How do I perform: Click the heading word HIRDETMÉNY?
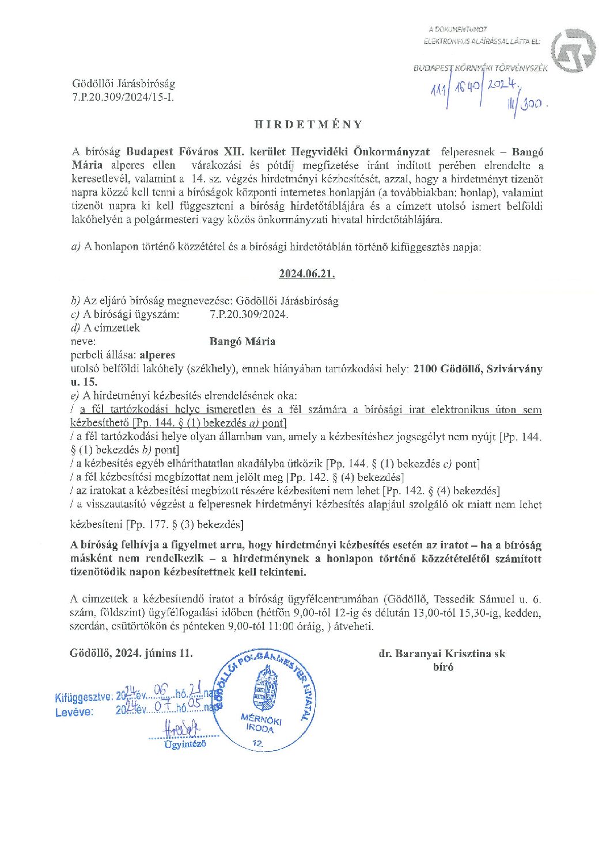pyautogui.click(x=309, y=124)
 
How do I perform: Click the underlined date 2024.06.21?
pyautogui.click(x=307, y=274)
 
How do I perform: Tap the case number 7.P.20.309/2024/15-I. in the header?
pyautogui.click(x=123, y=97)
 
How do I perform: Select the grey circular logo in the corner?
pyautogui.click(x=573, y=51)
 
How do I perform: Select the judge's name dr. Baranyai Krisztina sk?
pyautogui.click(x=442, y=653)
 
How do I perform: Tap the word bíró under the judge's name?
pyautogui.click(x=443, y=667)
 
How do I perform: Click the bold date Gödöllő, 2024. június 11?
pyautogui.click(x=131, y=653)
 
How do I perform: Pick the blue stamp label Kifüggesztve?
pyautogui.click(x=84, y=697)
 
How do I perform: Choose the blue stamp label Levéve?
pyautogui.click(x=74, y=712)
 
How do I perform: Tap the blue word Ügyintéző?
pyautogui.click(x=185, y=744)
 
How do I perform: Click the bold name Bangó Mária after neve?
pyautogui.click(x=243, y=341)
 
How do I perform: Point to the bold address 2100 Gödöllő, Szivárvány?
pyautogui.click(x=478, y=369)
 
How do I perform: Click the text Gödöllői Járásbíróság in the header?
pyautogui.click(x=123, y=84)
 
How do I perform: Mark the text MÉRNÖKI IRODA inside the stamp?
pyautogui.click(x=261, y=723)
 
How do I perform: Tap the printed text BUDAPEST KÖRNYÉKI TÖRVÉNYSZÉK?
pyautogui.click(x=480, y=68)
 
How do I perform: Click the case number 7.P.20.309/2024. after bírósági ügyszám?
pyautogui.click(x=249, y=314)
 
